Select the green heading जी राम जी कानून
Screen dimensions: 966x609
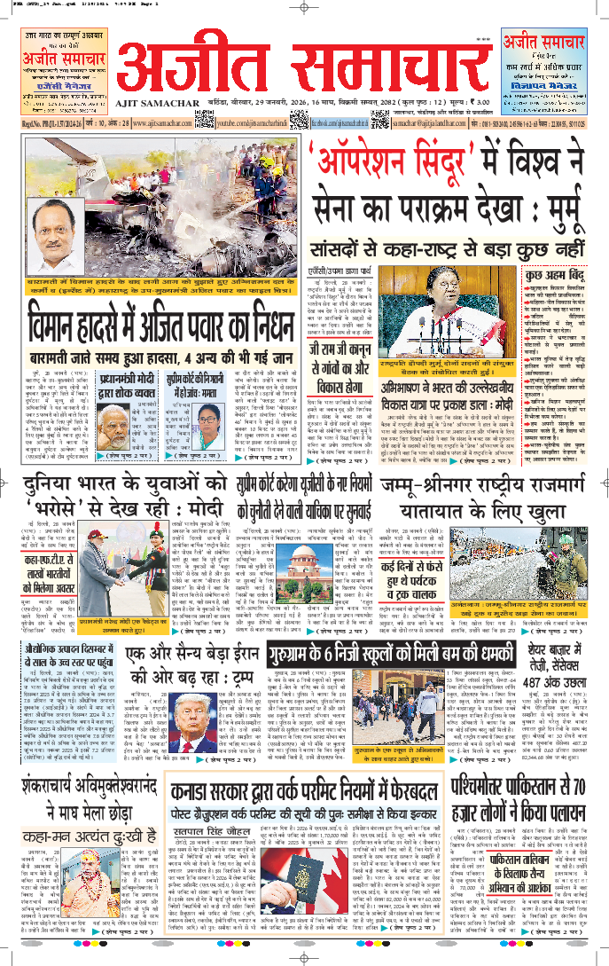[x=345, y=357]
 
